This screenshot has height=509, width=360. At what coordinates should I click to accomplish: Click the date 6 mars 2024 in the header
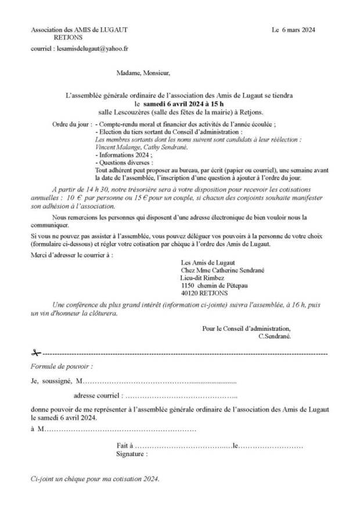(298, 30)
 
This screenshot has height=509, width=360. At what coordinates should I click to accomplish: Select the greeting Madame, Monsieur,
(143, 74)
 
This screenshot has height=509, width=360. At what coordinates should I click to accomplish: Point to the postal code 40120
(190, 293)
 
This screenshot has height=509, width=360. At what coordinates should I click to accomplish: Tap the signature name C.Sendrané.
(273, 336)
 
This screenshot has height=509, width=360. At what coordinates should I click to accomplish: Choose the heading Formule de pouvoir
(62, 367)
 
